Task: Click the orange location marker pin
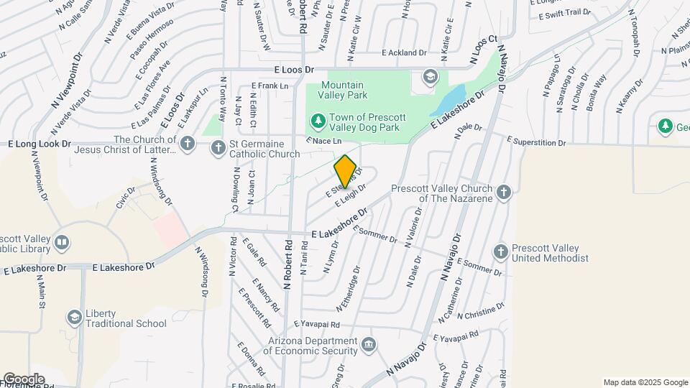(345, 171)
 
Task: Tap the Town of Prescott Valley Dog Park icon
(316, 119)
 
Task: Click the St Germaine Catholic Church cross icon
(218, 148)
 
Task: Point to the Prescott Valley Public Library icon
(62, 243)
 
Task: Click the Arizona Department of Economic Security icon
(369, 345)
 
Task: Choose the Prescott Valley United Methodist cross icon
(501, 252)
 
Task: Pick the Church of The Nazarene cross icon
(504, 192)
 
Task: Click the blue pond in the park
(449, 101)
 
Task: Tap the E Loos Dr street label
(295, 70)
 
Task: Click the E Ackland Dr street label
(404, 52)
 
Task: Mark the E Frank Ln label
(270, 86)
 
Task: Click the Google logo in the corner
(23, 379)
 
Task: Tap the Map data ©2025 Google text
(645, 382)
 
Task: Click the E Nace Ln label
(322, 141)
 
